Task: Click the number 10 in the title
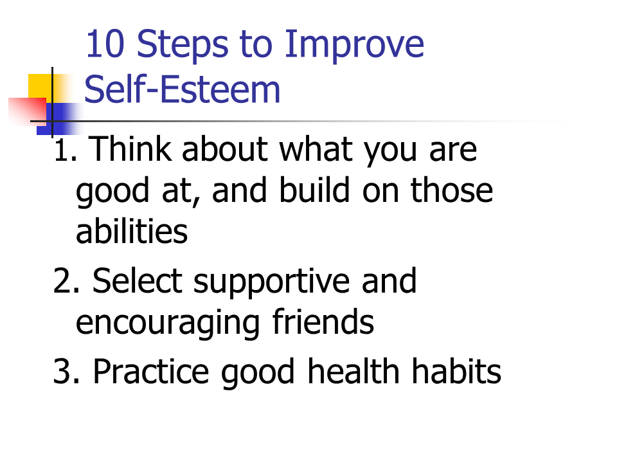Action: [105, 44]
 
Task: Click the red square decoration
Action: [28, 111]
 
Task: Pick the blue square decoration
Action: [59, 119]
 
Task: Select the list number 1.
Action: [65, 150]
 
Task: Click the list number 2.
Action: [66, 281]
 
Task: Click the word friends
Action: [323, 321]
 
